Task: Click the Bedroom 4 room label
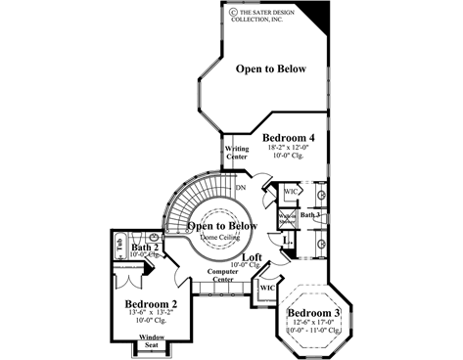[x=288, y=139]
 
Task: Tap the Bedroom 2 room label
[x=151, y=304]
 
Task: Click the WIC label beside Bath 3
[x=291, y=192]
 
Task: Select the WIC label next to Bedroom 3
[x=266, y=289]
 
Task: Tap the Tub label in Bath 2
[x=119, y=248]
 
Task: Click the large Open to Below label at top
[x=270, y=69]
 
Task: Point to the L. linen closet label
[x=285, y=240]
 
